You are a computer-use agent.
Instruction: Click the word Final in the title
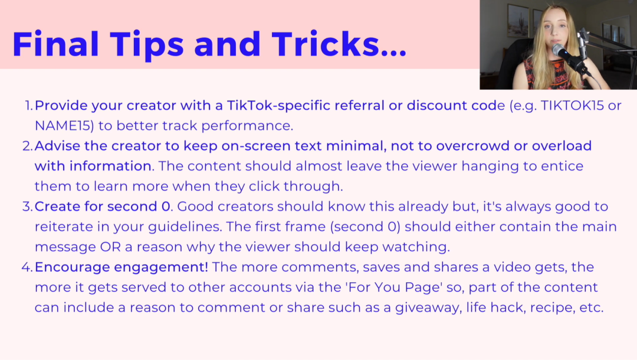coord(55,44)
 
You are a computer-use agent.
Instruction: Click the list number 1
coord(28,106)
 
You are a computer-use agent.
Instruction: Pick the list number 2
coord(27,146)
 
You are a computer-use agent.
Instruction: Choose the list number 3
coord(27,207)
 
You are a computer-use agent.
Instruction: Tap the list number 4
coord(27,267)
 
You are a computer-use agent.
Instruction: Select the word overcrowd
coord(473,146)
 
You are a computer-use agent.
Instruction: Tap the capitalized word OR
coord(110,247)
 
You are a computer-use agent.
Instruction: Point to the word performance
coord(247,126)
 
